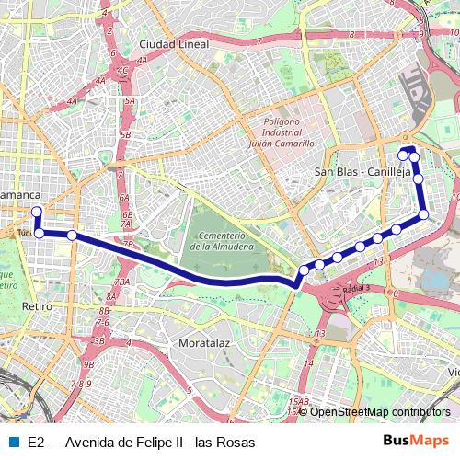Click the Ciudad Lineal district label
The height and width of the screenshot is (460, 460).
[x=174, y=43]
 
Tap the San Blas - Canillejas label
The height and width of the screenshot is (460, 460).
[x=362, y=171]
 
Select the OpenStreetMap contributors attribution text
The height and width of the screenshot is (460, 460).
[x=380, y=411]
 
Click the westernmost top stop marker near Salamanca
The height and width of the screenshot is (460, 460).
[x=37, y=212]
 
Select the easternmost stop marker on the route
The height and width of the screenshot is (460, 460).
[x=424, y=214]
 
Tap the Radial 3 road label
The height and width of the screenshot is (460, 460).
[x=355, y=288]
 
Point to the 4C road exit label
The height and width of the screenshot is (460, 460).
[x=122, y=69]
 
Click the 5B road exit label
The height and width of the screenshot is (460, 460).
[x=126, y=135]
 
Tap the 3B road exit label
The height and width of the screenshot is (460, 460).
[x=98, y=340]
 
